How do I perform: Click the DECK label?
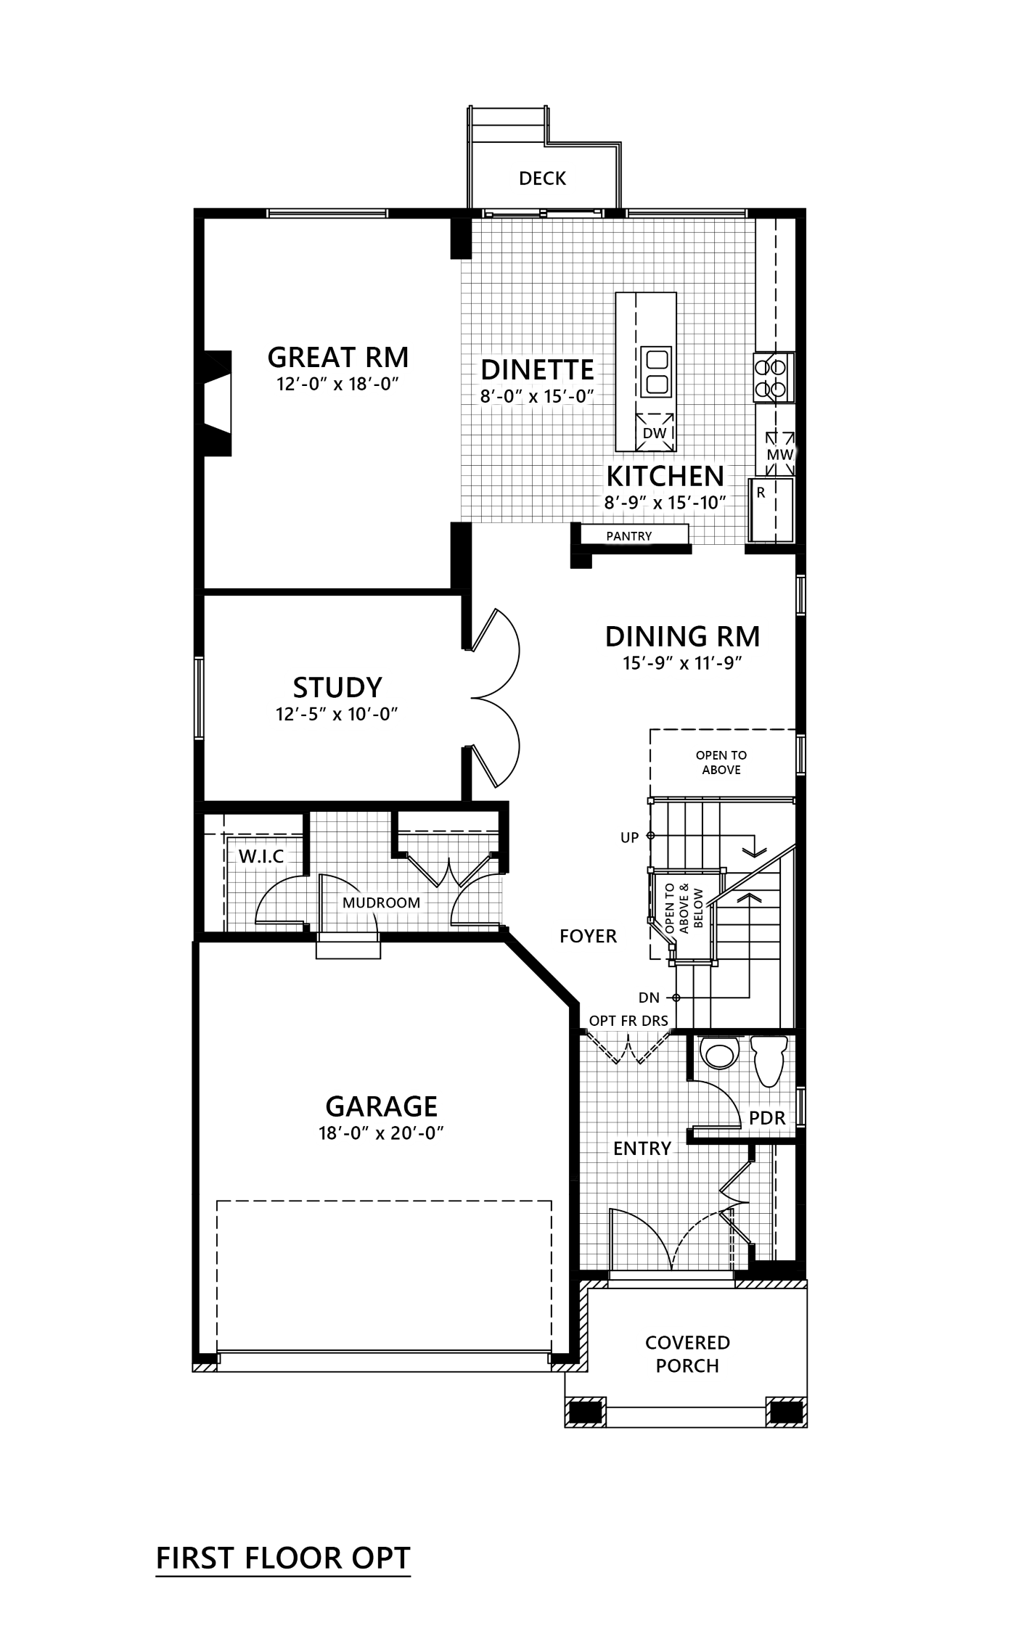pyautogui.click(x=543, y=178)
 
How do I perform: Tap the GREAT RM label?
pyautogui.click(x=339, y=357)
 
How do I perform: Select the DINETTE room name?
pyautogui.click(x=538, y=369)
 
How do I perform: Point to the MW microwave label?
pyautogui.click(x=778, y=455)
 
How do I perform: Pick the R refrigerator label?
pyautogui.click(x=761, y=493)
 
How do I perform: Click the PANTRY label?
pyautogui.click(x=628, y=536)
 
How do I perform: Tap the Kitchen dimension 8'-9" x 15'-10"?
pyautogui.click(x=665, y=501)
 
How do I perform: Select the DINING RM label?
pyautogui.click(x=682, y=636)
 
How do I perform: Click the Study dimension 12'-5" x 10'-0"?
pyautogui.click(x=338, y=713)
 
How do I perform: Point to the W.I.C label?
pyautogui.click(x=261, y=857)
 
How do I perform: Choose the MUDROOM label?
pyautogui.click(x=381, y=903)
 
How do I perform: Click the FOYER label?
pyautogui.click(x=588, y=936)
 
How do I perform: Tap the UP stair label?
pyautogui.click(x=630, y=837)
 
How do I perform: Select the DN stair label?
pyautogui.click(x=649, y=998)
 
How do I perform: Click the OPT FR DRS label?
pyautogui.click(x=628, y=1020)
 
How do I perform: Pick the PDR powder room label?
pyautogui.click(x=767, y=1117)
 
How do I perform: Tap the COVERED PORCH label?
pyautogui.click(x=687, y=1354)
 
